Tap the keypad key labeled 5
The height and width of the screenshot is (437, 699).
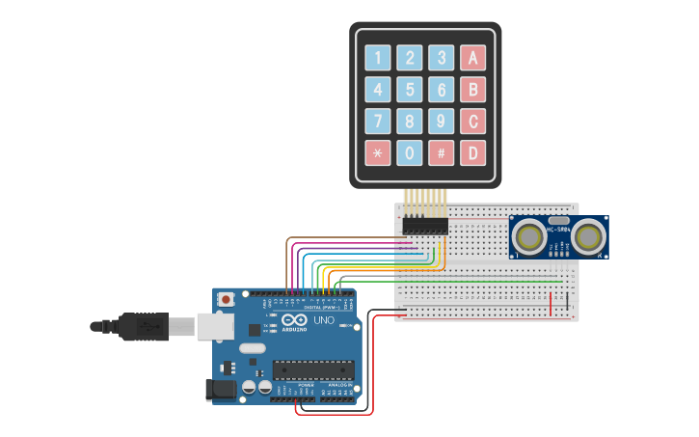pos(410,91)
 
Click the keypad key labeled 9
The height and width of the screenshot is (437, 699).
pos(441,122)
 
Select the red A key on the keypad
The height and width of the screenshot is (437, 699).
pos(472,58)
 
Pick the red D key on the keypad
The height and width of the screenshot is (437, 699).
pos(472,152)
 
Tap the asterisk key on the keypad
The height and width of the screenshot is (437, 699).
pos(378,152)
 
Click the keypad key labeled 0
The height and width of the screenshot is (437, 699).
pos(410,152)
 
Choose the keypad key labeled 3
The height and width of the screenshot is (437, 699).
pos(441,58)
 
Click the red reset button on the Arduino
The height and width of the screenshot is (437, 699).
pos(226,300)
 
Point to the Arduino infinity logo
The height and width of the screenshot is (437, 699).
pos(295,320)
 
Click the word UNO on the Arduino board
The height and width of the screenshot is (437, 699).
pos(324,320)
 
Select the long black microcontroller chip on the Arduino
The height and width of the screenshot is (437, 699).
pos(312,369)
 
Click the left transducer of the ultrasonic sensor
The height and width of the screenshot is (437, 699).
pos(528,235)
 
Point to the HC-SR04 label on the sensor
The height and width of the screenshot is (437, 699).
pos(557,230)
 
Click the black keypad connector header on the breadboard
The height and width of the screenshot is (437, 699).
pos(425,226)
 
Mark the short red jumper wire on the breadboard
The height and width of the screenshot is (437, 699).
pos(551,303)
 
